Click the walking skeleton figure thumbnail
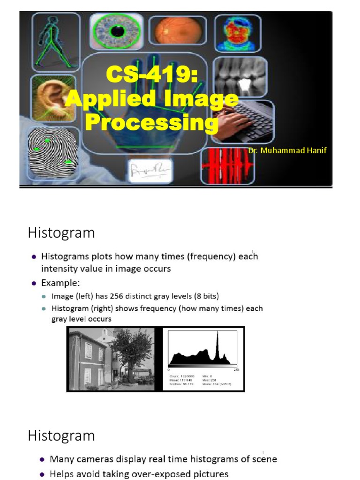pos(55,40)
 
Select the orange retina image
pos(177,30)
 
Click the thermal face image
pos(238,33)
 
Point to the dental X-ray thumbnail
pos(240,77)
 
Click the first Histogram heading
pos(61,233)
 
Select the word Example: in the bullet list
pos(60,283)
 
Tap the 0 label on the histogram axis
pos(169,370)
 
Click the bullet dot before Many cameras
pos(43,460)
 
